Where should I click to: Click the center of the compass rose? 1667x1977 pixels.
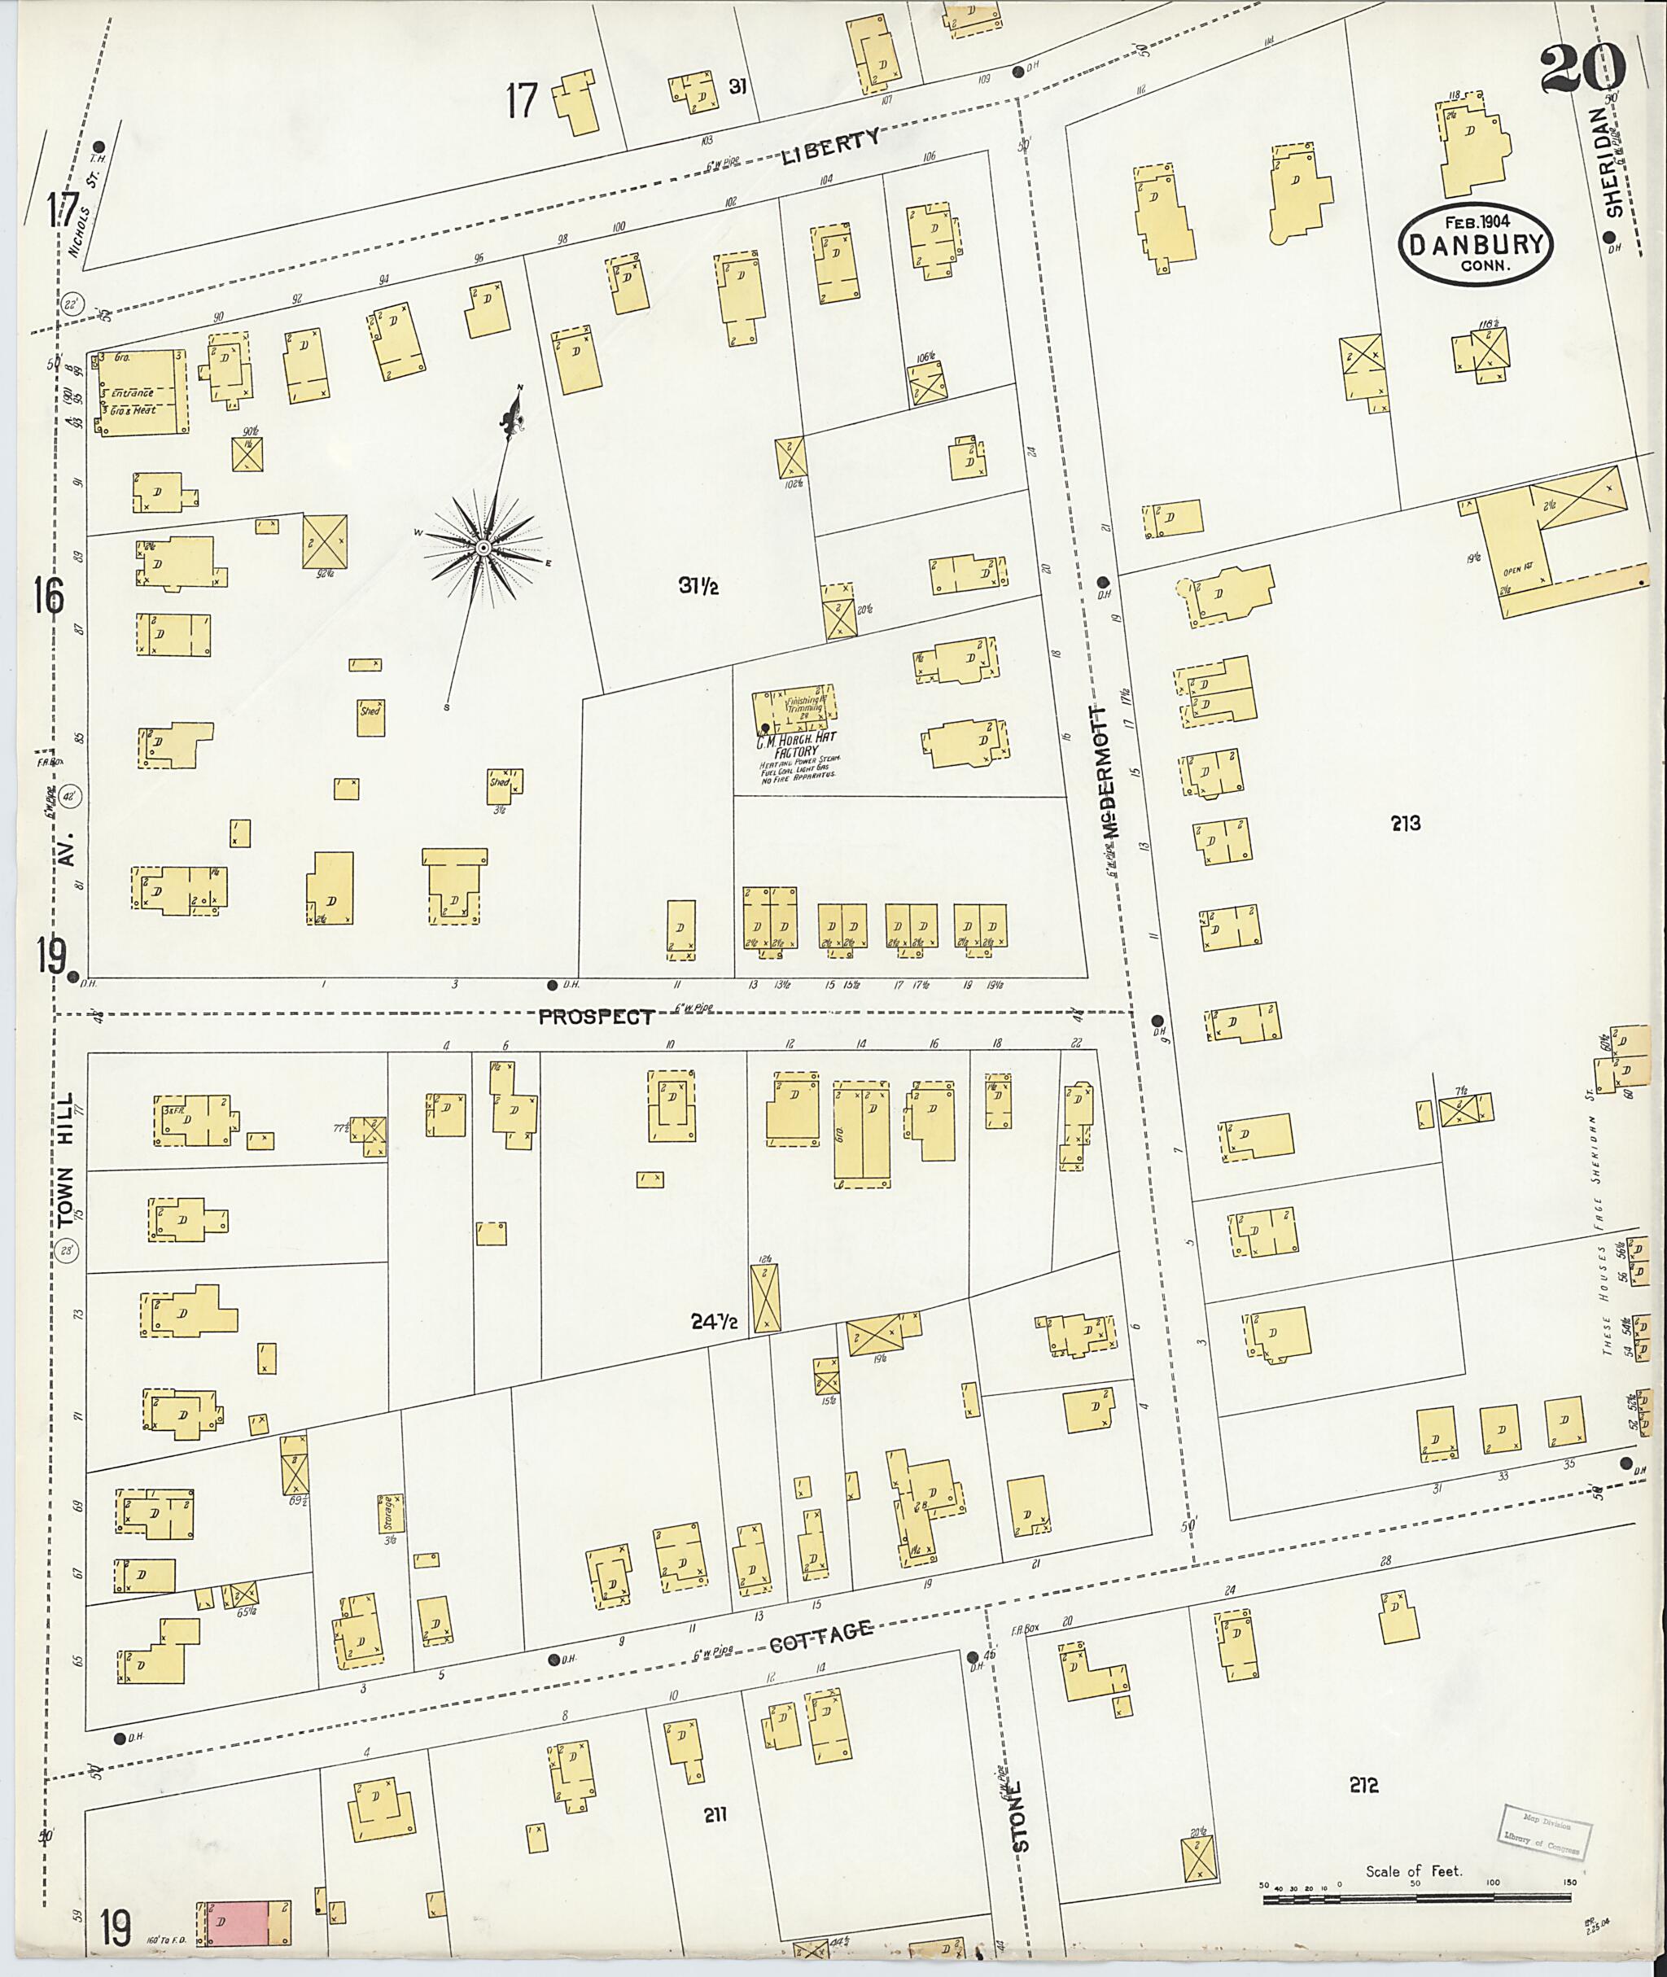coord(482,548)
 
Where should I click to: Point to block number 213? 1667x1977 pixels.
coord(1405,823)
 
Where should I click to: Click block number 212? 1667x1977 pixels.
coord(1363,1785)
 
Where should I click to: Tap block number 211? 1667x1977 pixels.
coord(715,1814)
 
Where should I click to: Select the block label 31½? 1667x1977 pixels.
coord(698,586)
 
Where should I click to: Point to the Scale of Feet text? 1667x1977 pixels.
coord(1413,1871)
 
